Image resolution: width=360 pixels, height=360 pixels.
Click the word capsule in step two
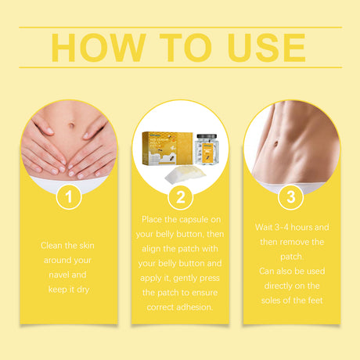click(x=187, y=218)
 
